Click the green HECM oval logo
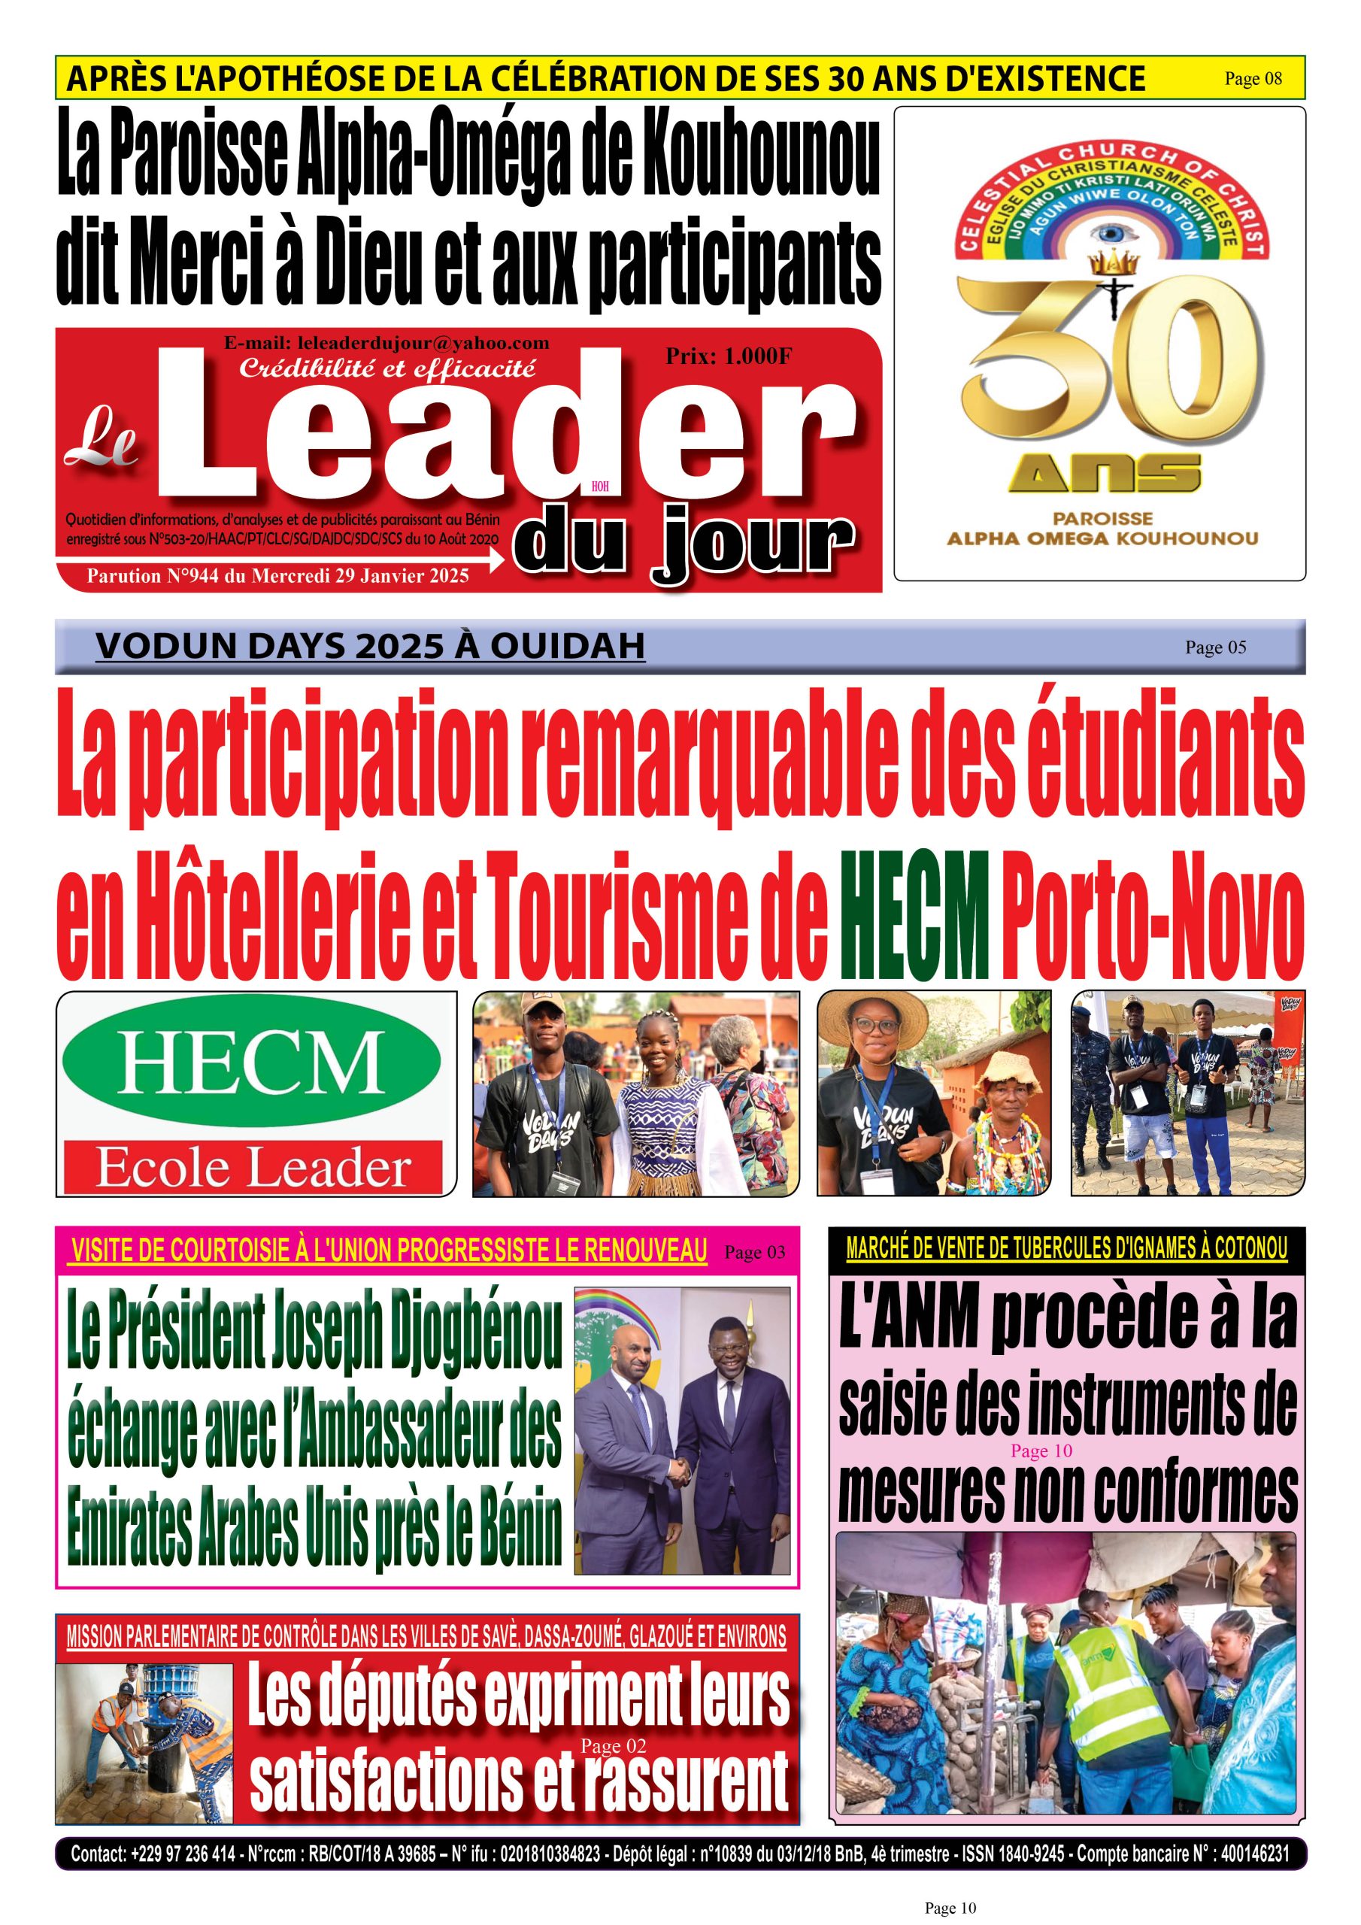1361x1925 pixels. [x=252, y=1060]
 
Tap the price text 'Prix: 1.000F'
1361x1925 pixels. [x=728, y=356]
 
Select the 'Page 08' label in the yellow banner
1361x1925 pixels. [x=1253, y=79]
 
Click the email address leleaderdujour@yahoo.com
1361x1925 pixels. [x=386, y=343]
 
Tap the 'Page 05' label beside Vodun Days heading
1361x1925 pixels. [x=1215, y=647]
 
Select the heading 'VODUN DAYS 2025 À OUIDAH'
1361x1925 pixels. [x=370, y=647]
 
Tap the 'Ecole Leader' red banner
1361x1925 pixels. [x=253, y=1168]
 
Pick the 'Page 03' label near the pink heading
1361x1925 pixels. [x=755, y=1253]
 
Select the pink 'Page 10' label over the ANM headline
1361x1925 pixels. [x=1041, y=1451]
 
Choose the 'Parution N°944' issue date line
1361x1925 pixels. [x=277, y=576]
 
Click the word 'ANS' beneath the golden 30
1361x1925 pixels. [x=1105, y=475]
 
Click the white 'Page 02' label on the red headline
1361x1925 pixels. [x=613, y=1747]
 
